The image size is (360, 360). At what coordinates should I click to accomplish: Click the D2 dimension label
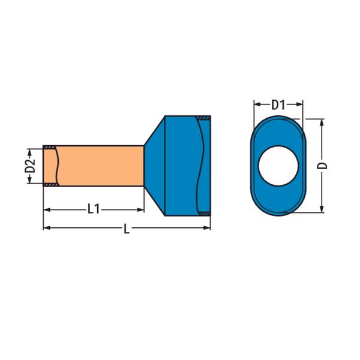pos(30,166)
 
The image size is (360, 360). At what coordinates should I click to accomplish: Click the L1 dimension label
pos(94,209)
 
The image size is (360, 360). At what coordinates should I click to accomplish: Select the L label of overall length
pos(127,229)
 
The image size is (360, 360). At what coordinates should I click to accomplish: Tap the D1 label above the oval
pos(278,105)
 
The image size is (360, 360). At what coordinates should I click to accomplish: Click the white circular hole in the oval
pos(278,166)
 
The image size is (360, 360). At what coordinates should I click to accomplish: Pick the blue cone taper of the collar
pos(155,166)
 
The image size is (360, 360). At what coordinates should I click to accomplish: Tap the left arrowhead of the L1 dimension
pos(47,209)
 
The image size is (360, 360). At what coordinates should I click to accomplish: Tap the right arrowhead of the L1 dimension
pos(140,209)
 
